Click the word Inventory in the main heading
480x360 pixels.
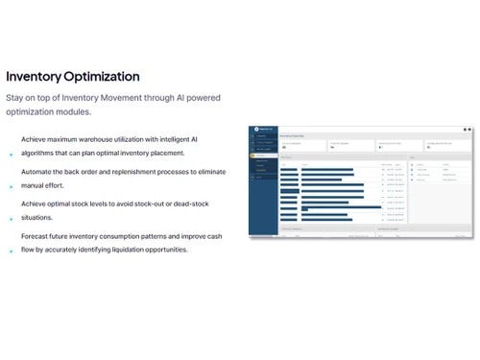tap(36, 77)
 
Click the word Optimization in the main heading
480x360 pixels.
tap(105, 77)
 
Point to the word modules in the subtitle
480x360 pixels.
tap(72, 111)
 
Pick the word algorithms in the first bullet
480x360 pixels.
tap(40, 153)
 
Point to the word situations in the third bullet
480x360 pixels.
tap(38, 218)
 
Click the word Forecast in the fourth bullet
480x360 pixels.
tap(37, 236)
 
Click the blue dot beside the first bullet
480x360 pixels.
tap(11, 154)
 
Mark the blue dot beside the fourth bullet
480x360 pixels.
tap(11, 251)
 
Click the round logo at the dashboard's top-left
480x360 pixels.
tap(257, 130)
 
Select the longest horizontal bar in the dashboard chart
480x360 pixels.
tap(330, 206)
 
